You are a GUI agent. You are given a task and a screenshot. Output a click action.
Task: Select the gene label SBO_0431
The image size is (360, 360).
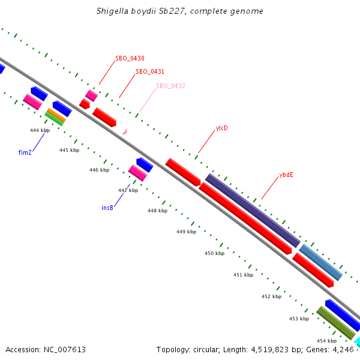(150, 71)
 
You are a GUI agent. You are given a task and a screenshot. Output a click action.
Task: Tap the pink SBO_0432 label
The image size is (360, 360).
(170, 86)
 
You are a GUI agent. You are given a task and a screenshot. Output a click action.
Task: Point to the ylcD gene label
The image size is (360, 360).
(221, 128)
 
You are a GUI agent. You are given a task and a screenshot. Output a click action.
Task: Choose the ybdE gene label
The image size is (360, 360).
(286, 175)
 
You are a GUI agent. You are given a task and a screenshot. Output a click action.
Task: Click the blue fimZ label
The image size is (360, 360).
(25, 152)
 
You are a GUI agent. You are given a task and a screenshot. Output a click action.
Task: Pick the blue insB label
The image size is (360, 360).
(107, 208)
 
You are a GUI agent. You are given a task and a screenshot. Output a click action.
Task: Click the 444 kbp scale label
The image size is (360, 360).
(40, 130)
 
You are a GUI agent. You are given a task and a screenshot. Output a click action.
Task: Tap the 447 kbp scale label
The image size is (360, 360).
(128, 190)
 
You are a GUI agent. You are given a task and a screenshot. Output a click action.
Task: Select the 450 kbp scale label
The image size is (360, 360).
(214, 253)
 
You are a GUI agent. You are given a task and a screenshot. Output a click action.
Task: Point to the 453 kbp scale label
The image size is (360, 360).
(299, 319)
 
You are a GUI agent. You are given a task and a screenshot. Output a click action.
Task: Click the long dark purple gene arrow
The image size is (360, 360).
(252, 210)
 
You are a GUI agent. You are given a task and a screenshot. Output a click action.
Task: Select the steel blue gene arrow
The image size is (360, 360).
(321, 262)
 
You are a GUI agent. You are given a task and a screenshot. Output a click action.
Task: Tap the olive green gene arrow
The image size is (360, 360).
(336, 322)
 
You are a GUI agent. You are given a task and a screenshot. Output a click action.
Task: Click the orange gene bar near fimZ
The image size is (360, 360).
(56, 115)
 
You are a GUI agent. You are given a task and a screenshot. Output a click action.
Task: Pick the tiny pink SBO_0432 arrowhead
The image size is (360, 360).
(125, 131)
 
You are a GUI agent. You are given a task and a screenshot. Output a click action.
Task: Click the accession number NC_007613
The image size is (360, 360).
(46, 349)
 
